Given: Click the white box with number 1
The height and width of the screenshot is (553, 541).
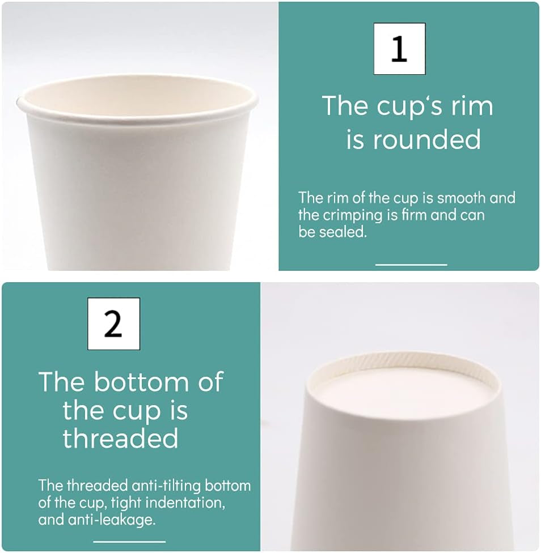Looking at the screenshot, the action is [x=399, y=49].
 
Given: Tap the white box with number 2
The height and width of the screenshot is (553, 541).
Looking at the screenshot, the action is [x=113, y=324].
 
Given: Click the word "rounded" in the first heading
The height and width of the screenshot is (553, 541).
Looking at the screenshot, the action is [x=427, y=139].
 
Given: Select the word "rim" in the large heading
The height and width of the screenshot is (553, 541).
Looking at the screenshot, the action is [x=472, y=106].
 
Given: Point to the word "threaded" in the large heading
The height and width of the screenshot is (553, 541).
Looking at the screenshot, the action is [x=120, y=438].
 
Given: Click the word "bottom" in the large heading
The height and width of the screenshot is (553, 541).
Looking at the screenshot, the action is [x=141, y=381].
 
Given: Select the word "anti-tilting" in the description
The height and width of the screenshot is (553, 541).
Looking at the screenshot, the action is [x=166, y=486].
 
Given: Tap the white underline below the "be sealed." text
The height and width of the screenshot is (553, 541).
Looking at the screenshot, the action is [x=411, y=265].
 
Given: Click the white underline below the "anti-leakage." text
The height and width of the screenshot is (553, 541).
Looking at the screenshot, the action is [x=129, y=541].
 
